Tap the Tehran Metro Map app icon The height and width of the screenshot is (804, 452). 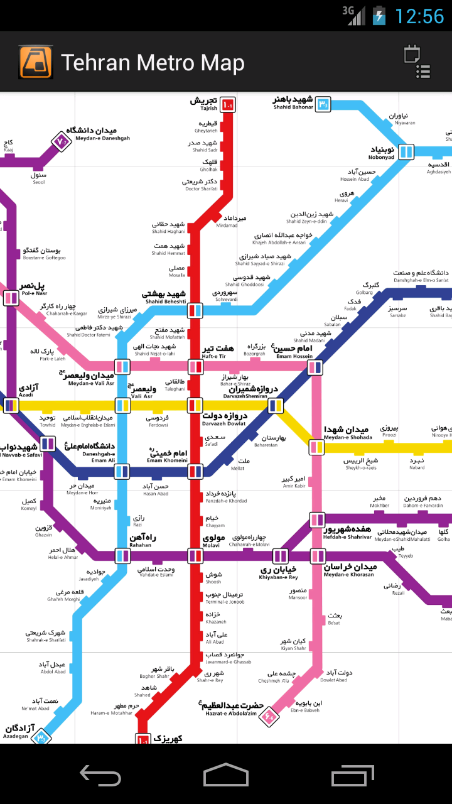point(36,62)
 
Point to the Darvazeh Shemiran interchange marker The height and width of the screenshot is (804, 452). point(276,406)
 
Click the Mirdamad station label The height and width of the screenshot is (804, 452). point(227,221)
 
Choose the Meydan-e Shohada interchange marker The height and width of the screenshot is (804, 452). point(317,447)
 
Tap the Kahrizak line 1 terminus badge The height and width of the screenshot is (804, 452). point(143,740)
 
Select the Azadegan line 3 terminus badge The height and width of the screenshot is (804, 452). point(41,736)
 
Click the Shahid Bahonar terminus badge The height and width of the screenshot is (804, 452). point(323,104)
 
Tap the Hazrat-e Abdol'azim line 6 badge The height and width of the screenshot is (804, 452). point(269,715)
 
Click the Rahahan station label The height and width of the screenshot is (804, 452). point(143,541)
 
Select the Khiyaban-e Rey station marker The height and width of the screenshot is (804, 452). point(280,555)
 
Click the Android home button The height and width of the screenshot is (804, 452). point(226,775)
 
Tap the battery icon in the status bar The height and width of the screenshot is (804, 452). point(379,15)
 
